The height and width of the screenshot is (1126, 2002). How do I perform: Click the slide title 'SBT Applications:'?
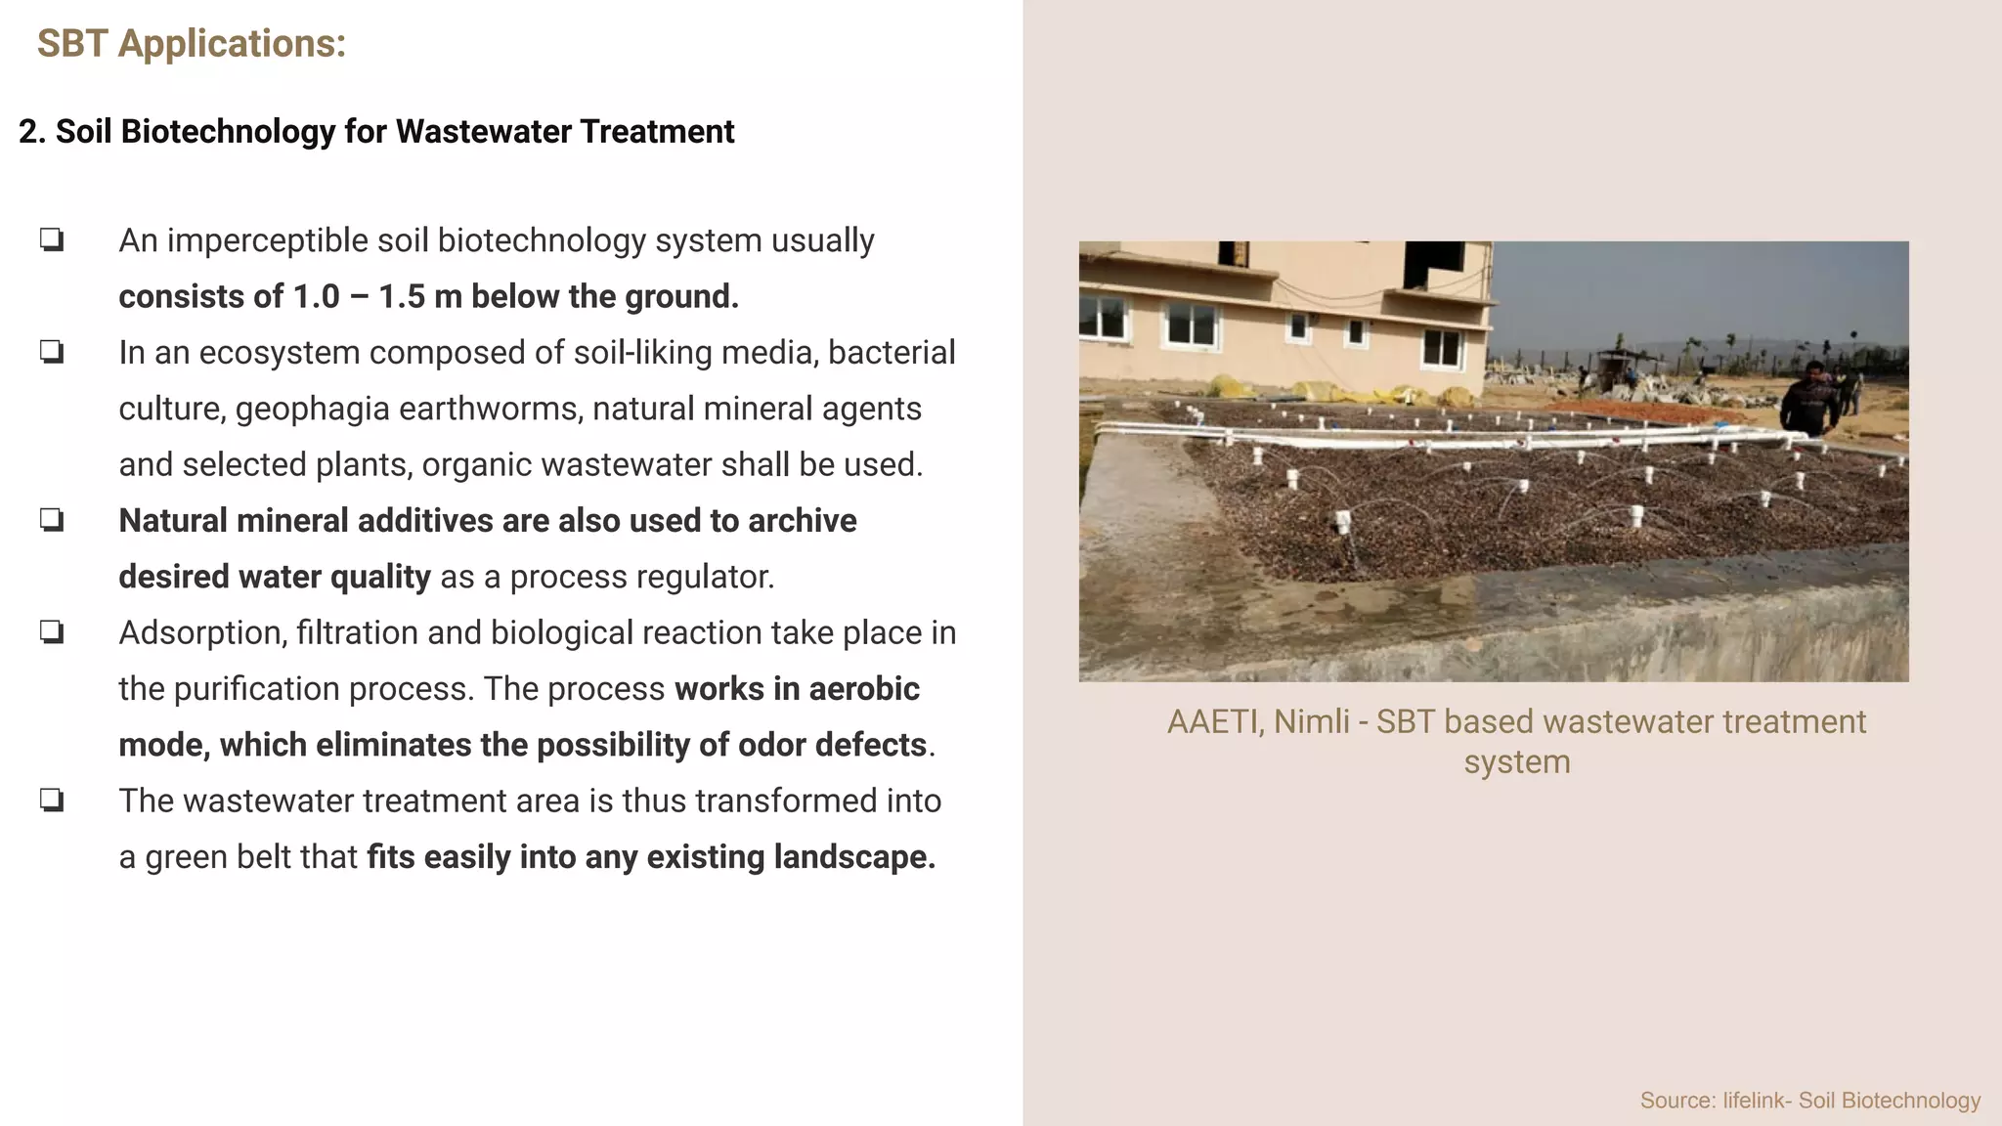tap(192, 44)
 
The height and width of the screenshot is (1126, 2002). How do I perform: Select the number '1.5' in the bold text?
tap(401, 297)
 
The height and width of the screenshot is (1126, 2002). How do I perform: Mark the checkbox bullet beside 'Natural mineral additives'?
tap(52, 519)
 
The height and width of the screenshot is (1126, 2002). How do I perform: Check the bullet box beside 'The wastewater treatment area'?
tap(52, 800)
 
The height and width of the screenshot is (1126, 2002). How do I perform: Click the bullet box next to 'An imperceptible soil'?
tap(52, 239)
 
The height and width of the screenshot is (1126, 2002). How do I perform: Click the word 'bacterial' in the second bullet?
tap(891, 353)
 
